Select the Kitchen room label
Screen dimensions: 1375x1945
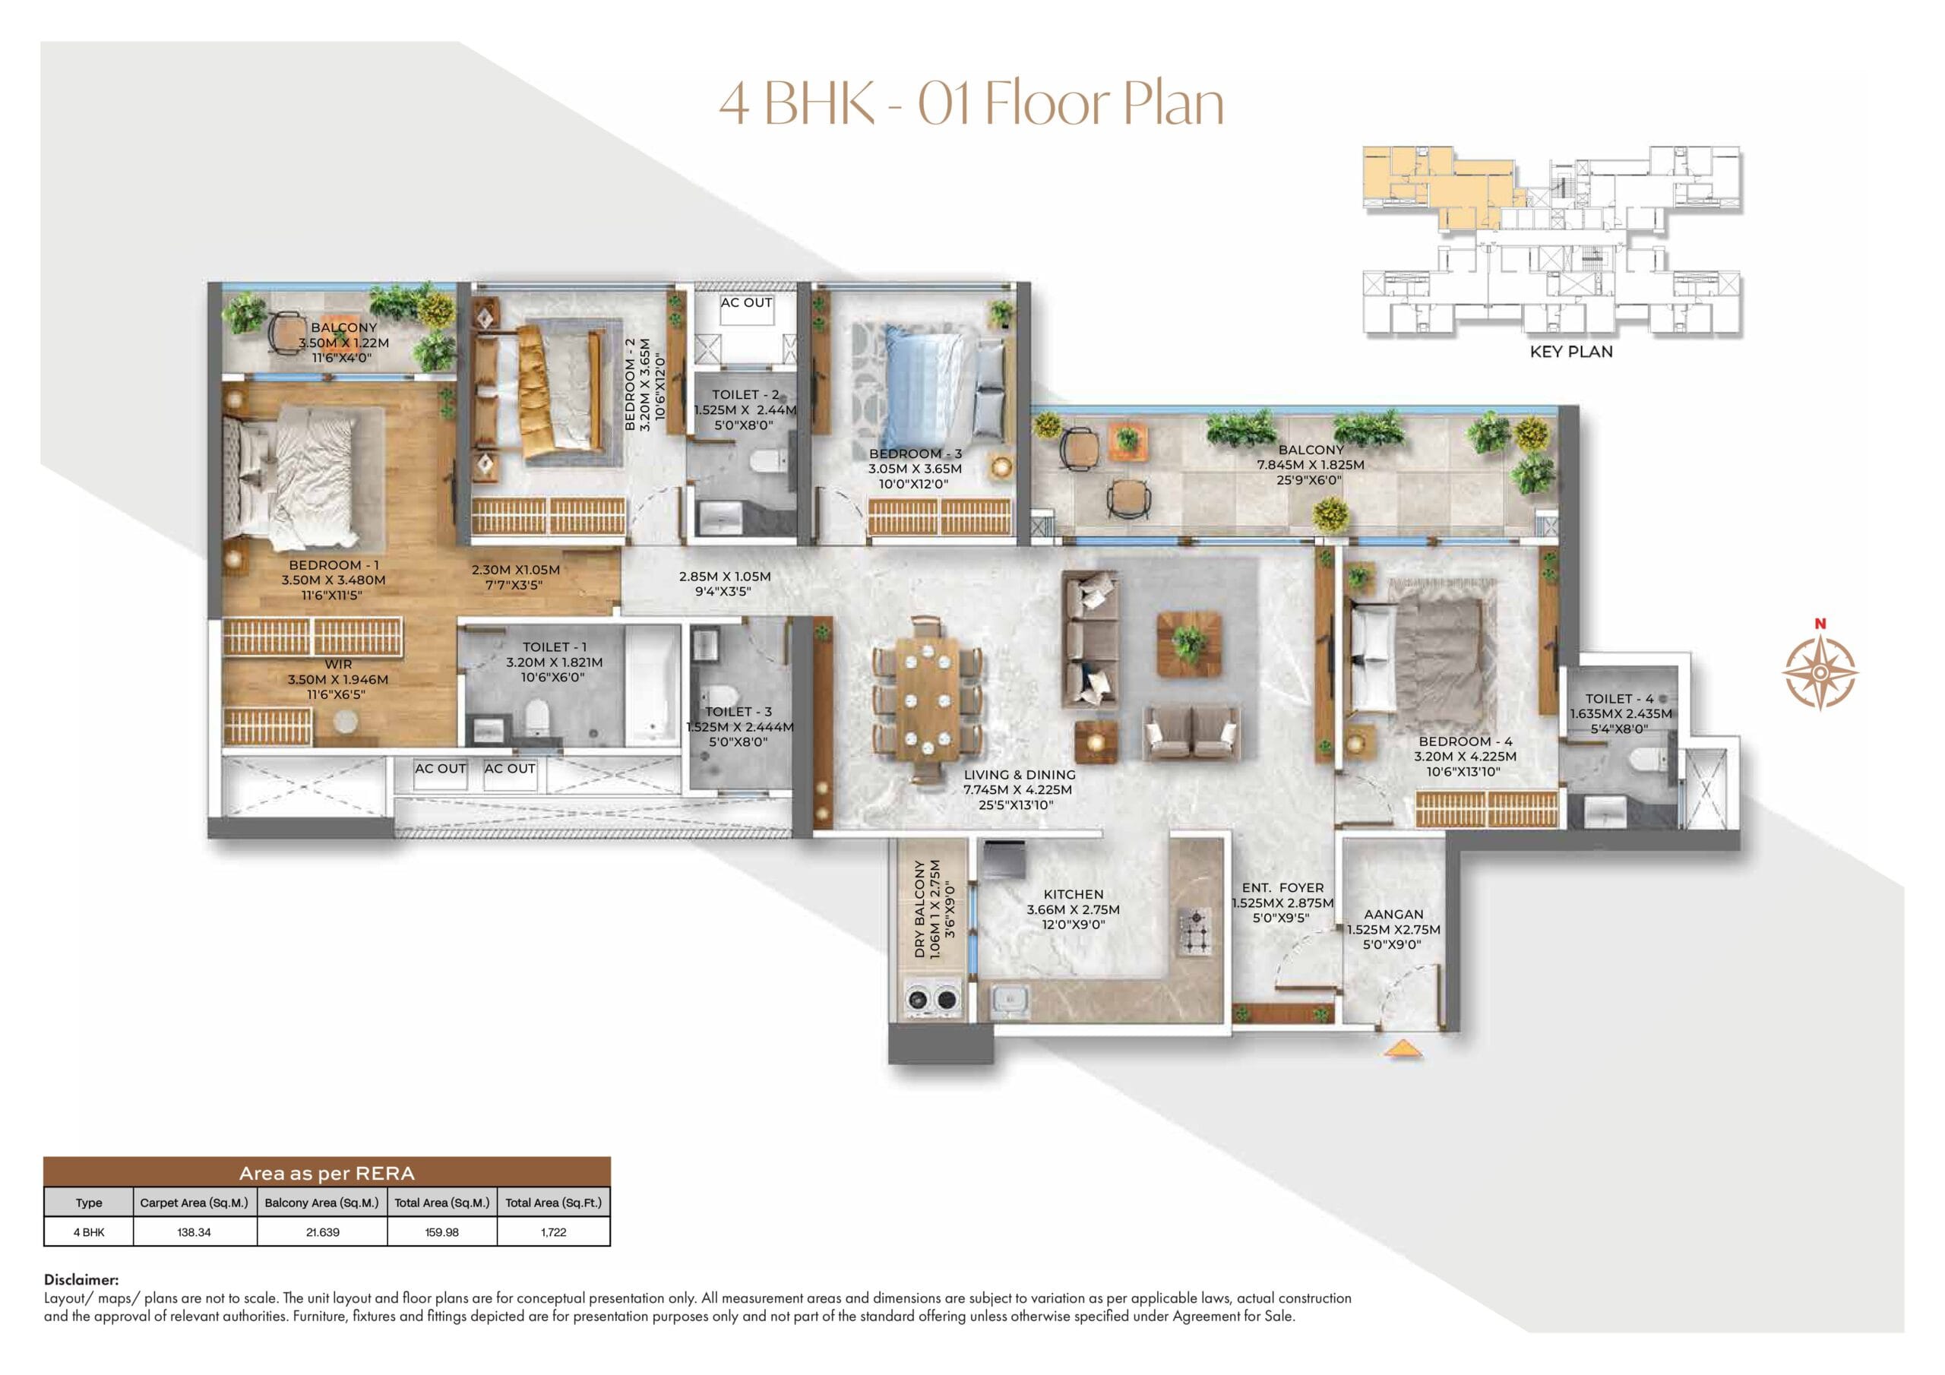[1073, 894]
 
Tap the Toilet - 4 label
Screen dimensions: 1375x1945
[1620, 698]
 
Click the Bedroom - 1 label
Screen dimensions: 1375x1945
[334, 565]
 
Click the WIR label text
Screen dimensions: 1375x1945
[338, 664]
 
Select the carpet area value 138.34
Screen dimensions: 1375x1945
[194, 1232]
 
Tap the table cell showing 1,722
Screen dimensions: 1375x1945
[553, 1232]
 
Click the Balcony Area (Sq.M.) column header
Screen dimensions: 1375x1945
[322, 1202]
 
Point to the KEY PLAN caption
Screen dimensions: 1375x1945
[1570, 352]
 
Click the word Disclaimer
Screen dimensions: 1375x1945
[81, 1280]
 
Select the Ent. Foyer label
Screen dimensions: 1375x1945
[1282, 888]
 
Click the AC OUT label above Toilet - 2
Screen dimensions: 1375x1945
[745, 302]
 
